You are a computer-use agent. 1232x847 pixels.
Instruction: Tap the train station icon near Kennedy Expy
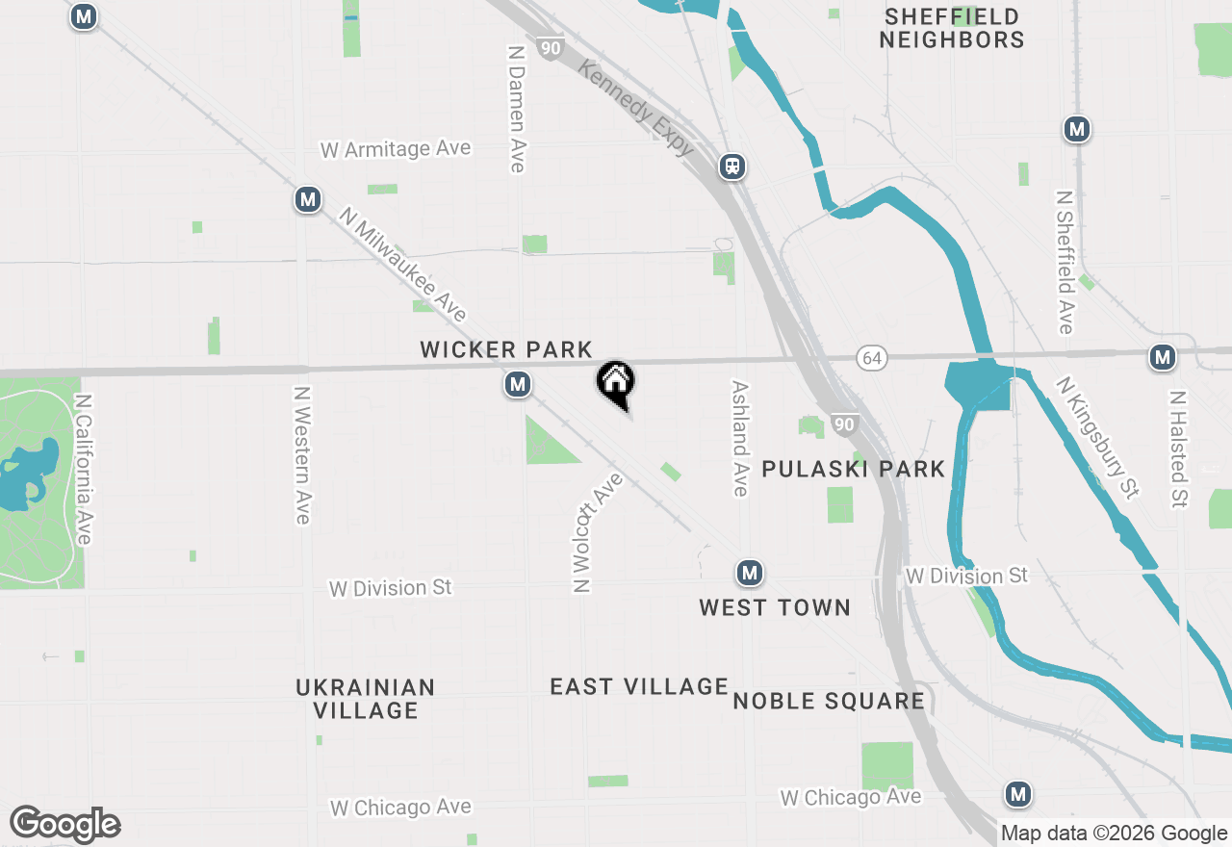(732, 167)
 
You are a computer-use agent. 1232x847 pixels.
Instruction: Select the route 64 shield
(871, 358)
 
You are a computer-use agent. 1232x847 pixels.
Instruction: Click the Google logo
(64, 824)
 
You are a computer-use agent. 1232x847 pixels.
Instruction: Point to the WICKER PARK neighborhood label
(505, 350)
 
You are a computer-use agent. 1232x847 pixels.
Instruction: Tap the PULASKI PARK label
(854, 469)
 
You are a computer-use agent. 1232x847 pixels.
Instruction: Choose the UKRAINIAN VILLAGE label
(366, 699)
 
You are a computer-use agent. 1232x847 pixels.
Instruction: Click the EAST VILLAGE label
(639, 686)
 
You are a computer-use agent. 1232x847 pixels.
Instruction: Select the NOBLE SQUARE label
(829, 701)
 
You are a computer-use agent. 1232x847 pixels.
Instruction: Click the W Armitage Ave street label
(396, 149)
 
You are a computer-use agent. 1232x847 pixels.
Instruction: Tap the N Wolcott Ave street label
(597, 532)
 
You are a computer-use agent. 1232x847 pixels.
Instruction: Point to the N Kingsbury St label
(1097, 437)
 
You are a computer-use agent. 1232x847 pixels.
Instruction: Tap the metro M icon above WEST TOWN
(750, 574)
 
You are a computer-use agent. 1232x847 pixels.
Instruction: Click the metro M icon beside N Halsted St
(1163, 358)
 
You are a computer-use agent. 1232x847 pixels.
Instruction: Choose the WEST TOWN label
(775, 607)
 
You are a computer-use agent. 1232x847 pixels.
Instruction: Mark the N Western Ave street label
(303, 455)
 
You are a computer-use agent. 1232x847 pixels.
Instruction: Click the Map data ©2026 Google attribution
(1114, 834)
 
